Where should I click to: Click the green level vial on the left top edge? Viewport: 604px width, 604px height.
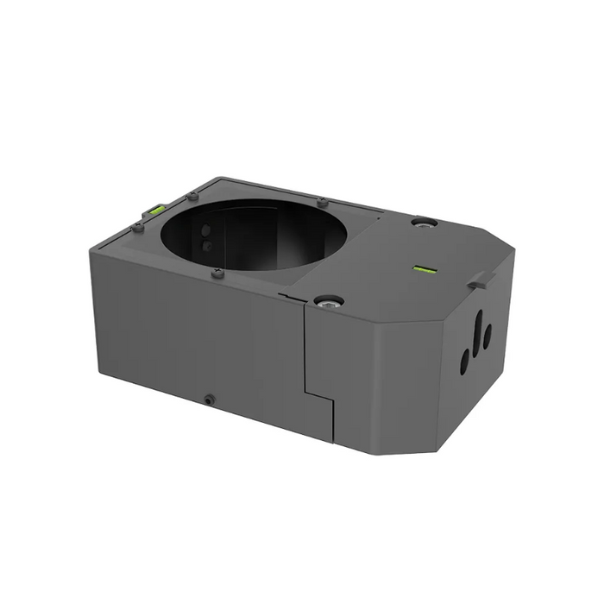pos(157,209)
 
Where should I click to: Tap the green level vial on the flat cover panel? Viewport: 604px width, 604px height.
pos(425,269)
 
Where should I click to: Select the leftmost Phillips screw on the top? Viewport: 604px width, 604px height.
pos(137,227)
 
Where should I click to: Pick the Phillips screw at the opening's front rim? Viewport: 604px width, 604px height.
pos(217,274)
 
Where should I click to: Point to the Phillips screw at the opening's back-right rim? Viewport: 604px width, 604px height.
pos(322,203)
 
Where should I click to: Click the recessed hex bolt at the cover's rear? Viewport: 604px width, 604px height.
pos(424,222)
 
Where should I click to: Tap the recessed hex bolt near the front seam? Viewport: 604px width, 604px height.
pos(329,301)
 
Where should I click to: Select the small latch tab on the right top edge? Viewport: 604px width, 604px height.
pos(481,280)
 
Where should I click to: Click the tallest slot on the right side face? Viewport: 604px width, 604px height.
pos(477,329)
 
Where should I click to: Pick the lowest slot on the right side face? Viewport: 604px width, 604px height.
pos(464,361)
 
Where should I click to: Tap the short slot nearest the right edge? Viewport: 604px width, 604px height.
pos(488,337)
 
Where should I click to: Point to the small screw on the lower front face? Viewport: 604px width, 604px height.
pos(209,399)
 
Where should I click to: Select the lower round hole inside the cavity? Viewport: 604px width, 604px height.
pos(206,246)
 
